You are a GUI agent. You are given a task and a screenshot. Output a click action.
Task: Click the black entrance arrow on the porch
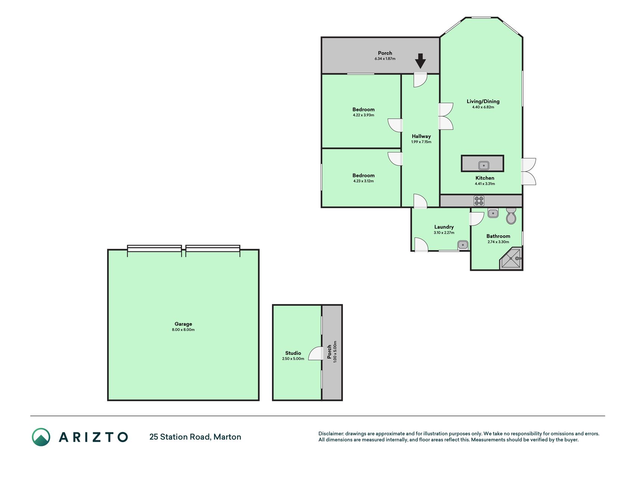tap(421, 61)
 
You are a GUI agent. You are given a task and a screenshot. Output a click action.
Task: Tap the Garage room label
tap(183, 324)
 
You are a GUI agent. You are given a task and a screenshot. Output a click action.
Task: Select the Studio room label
tap(293, 353)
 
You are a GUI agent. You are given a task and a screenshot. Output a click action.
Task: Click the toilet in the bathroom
tap(511, 216)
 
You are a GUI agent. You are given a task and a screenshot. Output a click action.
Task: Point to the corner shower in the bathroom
tap(511, 258)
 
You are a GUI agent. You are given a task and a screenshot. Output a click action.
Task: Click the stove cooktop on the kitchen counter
tap(479, 201)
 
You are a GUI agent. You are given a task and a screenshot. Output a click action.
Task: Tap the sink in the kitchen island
tap(484, 165)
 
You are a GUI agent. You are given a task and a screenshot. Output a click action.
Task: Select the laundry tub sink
tap(463, 245)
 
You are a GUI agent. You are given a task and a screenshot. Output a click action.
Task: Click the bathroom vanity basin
tap(493, 213)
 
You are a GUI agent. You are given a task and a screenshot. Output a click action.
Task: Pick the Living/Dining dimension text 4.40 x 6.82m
tap(483, 107)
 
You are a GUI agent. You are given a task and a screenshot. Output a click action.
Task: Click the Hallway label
tap(421, 136)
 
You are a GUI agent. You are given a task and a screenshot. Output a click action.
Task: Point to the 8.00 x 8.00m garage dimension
tap(183, 330)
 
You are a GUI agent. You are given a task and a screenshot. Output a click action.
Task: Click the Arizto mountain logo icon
tap(41, 437)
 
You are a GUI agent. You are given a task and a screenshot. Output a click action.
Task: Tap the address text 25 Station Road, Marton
tap(195, 437)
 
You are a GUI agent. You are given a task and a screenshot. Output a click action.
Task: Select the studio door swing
tap(316, 353)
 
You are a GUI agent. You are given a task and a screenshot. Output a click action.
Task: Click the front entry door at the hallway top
tap(420, 80)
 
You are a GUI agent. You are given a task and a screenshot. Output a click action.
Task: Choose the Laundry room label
tap(444, 227)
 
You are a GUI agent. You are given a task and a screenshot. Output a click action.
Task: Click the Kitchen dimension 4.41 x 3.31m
tap(485, 184)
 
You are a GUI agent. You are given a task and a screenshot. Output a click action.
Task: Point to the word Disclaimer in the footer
tap(331, 434)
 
